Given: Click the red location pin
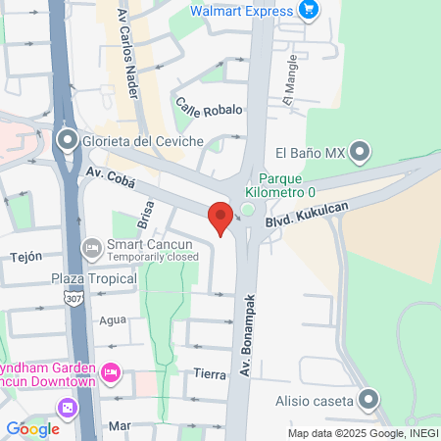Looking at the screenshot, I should click(220, 218).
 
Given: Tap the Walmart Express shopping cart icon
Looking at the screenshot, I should click(309, 11).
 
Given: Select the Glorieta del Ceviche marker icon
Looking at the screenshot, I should click(67, 140).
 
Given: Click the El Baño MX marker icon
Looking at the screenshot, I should click(361, 152).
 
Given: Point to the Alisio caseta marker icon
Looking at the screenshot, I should click(368, 399).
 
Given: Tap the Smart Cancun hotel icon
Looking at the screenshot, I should click(92, 248).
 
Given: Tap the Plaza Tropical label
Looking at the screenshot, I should click(94, 279).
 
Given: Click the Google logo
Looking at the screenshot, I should click(32, 428).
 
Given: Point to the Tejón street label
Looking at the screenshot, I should click(25, 256).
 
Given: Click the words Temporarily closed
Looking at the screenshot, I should click(148, 257).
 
